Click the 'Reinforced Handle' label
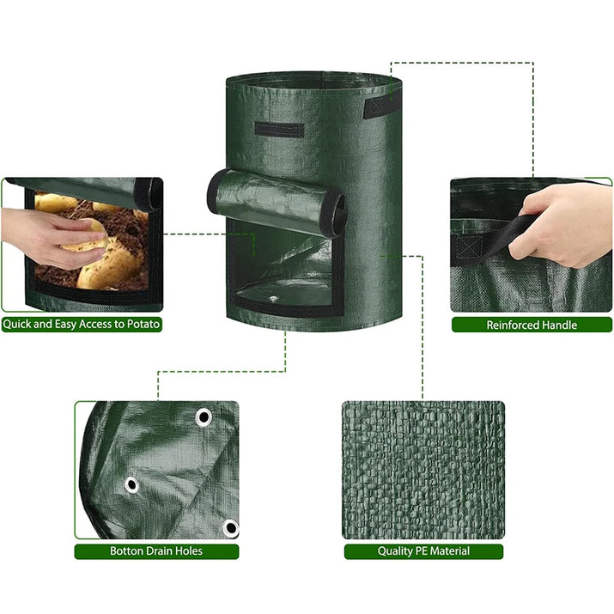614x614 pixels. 532,325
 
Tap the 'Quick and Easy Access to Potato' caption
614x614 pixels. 81,325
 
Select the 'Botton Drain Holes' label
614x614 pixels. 156,551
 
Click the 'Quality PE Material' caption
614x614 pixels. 423,551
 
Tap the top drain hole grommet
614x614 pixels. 204,417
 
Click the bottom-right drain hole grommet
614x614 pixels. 231,528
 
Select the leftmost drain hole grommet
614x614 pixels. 131,485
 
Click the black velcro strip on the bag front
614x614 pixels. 279,130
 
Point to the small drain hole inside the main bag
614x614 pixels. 273,299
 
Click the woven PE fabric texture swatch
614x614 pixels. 423,470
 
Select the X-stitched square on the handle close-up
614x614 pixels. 469,247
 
